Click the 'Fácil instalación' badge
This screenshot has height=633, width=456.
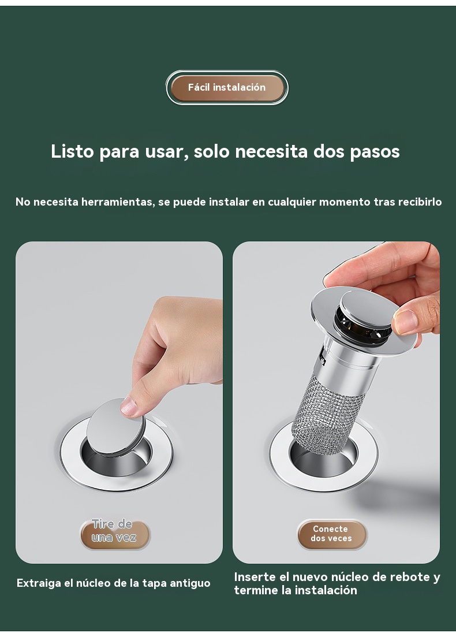click(227, 88)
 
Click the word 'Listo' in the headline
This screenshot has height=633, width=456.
click(72, 151)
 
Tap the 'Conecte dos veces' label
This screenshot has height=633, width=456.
click(332, 534)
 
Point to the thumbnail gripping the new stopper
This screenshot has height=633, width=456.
click(406, 321)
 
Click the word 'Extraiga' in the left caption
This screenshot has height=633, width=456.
click(39, 583)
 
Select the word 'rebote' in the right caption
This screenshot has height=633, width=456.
click(411, 577)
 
